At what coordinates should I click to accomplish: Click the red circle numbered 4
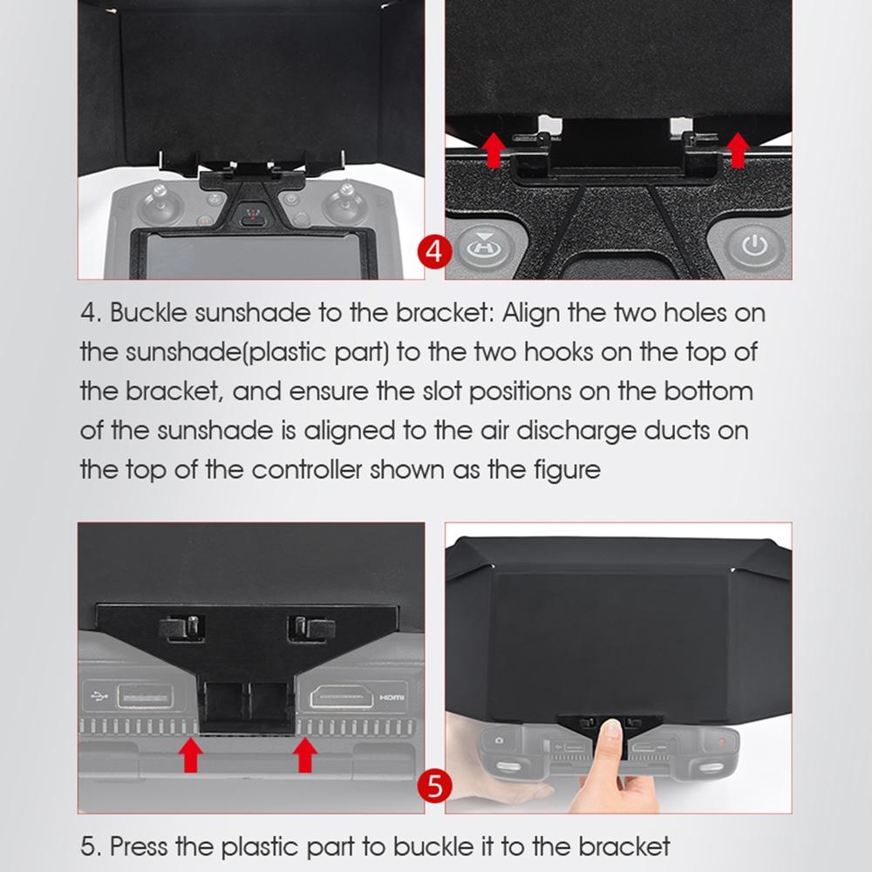[x=435, y=254]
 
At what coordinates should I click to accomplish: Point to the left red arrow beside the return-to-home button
[x=494, y=149]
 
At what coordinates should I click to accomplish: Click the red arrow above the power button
[x=738, y=149]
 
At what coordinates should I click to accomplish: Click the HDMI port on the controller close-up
[x=351, y=698]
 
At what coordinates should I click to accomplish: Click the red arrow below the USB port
[x=192, y=754]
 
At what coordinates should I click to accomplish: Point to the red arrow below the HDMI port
[x=303, y=754]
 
